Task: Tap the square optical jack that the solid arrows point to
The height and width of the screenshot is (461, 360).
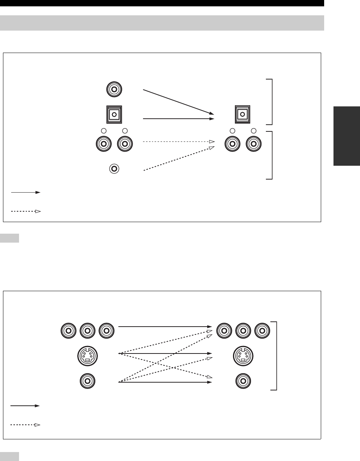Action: pyautogui.click(x=242, y=114)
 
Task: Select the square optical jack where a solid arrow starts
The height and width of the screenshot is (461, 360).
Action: pyautogui.click(x=115, y=114)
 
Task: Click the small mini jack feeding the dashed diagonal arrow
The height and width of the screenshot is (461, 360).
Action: pyautogui.click(x=114, y=169)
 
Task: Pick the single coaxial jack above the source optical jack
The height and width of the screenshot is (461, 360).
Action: pyautogui.click(x=114, y=90)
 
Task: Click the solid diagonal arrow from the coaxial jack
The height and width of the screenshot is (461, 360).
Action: pyautogui.click(x=179, y=102)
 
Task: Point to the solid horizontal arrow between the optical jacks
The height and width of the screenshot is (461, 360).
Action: pyautogui.click(x=179, y=119)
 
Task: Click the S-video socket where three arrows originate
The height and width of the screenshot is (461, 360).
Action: pyautogui.click(x=87, y=356)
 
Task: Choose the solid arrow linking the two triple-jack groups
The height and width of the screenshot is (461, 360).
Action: pyautogui.click(x=165, y=327)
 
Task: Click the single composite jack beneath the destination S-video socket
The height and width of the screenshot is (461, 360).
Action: pyautogui.click(x=243, y=381)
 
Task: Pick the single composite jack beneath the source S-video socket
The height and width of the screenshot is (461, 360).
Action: pyautogui.click(x=87, y=381)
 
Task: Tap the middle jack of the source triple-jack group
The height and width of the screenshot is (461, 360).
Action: pyautogui.click(x=87, y=330)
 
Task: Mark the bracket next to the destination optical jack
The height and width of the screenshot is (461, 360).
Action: pyautogui.click(x=271, y=102)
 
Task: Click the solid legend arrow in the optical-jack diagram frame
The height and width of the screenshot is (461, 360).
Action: pyautogui.click(x=25, y=192)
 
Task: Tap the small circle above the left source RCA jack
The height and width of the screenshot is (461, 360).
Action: pyautogui.click(x=104, y=131)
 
